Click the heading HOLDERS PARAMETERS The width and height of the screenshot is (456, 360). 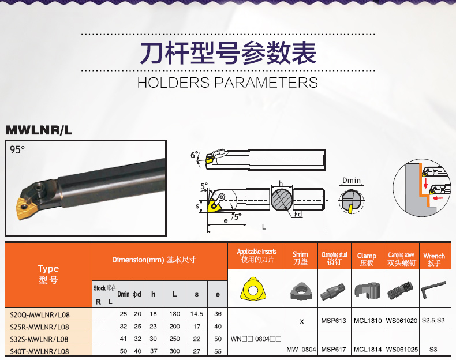click(227, 82)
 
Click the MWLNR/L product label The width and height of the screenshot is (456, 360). click(39, 130)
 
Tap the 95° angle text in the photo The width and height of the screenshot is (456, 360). click(17, 149)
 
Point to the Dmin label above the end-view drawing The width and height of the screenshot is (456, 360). click(352, 181)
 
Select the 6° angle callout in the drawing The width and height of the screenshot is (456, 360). click(195, 155)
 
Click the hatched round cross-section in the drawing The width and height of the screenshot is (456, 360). click(282, 199)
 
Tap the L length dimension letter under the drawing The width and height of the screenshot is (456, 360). click(264, 227)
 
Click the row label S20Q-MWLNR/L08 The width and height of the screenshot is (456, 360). click(40, 315)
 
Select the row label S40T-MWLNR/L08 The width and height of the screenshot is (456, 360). click(40, 351)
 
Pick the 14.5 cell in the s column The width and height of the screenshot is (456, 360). click(197, 314)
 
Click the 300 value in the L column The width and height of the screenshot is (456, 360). click(174, 351)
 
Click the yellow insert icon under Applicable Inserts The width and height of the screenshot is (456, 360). click(253, 289)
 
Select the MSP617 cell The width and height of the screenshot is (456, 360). click(334, 350)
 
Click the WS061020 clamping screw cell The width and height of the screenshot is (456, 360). click(402, 321)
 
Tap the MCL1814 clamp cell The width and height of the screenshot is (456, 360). click(368, 350)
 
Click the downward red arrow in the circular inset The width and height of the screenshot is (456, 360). click(426, 183)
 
